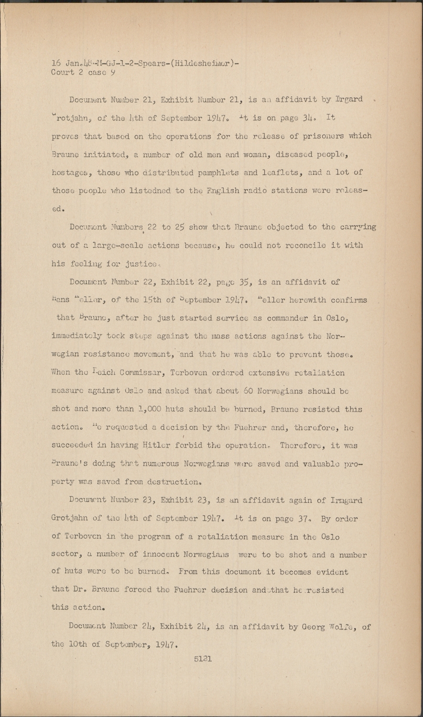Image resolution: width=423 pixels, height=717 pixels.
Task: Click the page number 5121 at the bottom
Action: [x=203, y=658]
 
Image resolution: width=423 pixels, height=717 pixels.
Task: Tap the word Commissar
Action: [x=119, y=372]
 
